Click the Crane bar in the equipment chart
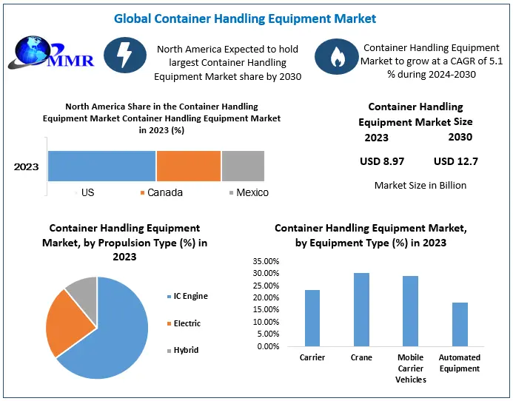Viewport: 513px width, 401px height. (361, 309)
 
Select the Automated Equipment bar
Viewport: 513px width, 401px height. (460, 324)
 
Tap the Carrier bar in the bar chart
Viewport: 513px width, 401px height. (312, 318)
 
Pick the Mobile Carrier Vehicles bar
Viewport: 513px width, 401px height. (411, 311)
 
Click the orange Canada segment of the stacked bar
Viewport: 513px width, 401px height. (189, 166)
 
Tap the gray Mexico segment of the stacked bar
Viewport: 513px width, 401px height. (243, 166)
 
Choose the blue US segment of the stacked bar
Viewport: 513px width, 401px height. (101, 166)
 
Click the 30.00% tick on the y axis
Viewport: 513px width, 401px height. (266, 273)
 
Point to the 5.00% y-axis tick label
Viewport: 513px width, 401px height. (268, 334)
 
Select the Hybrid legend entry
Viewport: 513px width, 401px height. (183, 350)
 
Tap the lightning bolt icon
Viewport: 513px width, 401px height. (125, 55)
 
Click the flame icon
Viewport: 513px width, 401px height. (337, 56)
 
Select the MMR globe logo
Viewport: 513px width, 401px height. (51, 53)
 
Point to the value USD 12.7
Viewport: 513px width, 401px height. (456, 161)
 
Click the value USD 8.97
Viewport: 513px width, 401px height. (382, 161)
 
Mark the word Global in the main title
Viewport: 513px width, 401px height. (133, 18)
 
